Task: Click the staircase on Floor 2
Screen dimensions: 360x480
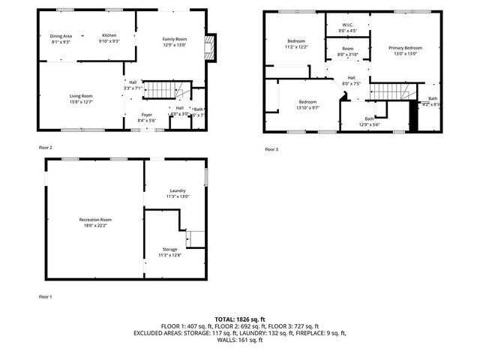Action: (x=158, y=90)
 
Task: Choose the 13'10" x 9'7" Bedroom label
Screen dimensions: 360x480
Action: (x=307, y=104)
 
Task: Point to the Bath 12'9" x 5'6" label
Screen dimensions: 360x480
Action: (x=369, y=121)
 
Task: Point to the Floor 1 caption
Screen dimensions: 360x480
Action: (x=46, y=297)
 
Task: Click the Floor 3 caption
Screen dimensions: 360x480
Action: (x=271, y=149)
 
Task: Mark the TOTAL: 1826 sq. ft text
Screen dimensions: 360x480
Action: (x=240, y=319)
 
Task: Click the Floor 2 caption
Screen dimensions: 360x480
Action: (x=46, y=148)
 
